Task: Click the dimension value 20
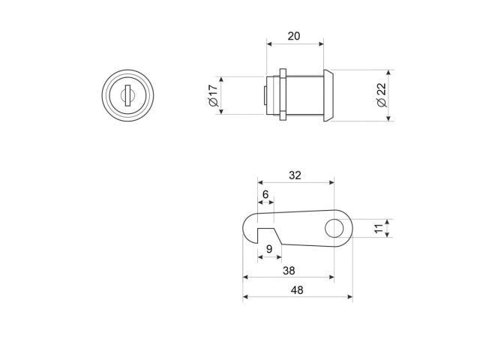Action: [x=294, y=36]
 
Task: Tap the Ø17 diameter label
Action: [x=213, y=95]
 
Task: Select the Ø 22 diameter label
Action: [x=382, y=95]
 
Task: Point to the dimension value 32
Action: [x=295, y=175]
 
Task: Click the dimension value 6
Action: [x=265, y=194]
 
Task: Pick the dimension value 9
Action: [x=269, y=249]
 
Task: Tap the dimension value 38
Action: [x=289, y=271]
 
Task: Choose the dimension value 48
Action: [x=297, y=290]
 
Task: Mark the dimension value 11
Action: [x=379, y=228]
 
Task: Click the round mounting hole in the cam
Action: [x=334, y=228]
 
